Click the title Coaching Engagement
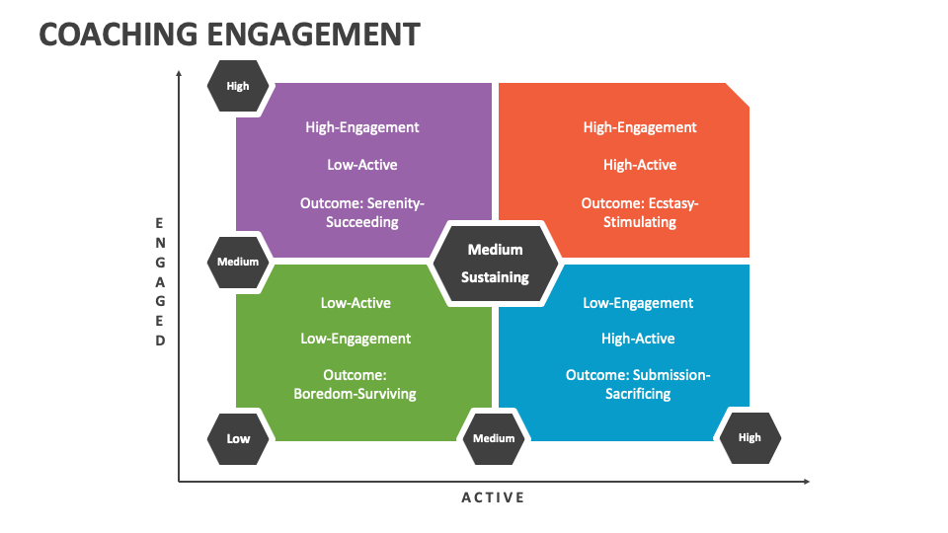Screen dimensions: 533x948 tap(229, 34)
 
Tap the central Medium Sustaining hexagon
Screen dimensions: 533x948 tap(495, 264)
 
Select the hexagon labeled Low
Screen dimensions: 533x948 tap(238, 438)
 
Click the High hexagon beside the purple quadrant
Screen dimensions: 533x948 tap(238, 86)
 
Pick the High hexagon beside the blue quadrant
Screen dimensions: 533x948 tap(750, 437)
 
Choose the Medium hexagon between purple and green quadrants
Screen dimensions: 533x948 tap(238, 262)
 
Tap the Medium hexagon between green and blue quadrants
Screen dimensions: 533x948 tap(494, 438)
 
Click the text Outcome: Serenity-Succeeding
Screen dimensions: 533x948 tap(362, 212)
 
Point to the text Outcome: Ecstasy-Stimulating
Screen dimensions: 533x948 tap(640, 212)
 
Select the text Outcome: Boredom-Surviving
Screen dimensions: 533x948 tap(355, 384)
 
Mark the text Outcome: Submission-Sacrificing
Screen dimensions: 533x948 tap(638, 384)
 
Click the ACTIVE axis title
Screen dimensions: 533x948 tap(494, 497)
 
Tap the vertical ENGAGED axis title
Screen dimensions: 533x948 tap(160, 282)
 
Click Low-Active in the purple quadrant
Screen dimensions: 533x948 tap(362, 165)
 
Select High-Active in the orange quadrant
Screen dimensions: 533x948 tap(640, 165)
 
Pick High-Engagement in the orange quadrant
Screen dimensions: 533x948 tap(640, 127)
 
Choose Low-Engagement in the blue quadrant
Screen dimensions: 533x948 tap(638, 303)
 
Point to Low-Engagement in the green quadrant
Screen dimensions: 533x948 tap(355, 339)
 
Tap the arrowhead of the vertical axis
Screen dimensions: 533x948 tap(179, 73)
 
